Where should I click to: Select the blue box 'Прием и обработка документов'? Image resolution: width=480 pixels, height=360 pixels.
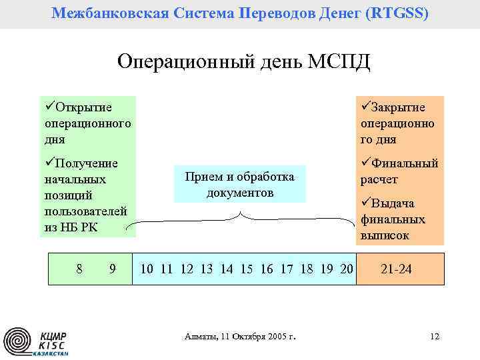point(239,184)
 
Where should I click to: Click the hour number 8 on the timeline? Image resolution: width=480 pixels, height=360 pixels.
point(79,269)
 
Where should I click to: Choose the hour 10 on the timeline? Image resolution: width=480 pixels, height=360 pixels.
point(147,269)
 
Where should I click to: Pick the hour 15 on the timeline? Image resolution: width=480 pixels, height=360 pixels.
point(247,269)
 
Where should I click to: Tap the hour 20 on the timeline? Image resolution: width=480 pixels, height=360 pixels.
point(346,269)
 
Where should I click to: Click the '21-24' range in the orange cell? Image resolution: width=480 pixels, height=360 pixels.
point(396,269)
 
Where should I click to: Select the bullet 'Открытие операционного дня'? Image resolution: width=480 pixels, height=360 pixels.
point(87,123)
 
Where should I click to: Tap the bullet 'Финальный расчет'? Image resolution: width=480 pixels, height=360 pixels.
point(399,171)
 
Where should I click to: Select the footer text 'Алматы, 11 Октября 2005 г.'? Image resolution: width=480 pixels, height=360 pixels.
point(239,337)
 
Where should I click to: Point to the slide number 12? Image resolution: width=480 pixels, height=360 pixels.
point(434,336)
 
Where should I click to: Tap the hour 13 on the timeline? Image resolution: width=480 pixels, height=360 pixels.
point(207,269)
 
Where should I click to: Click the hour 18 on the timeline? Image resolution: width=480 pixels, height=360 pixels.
point(307,269)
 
